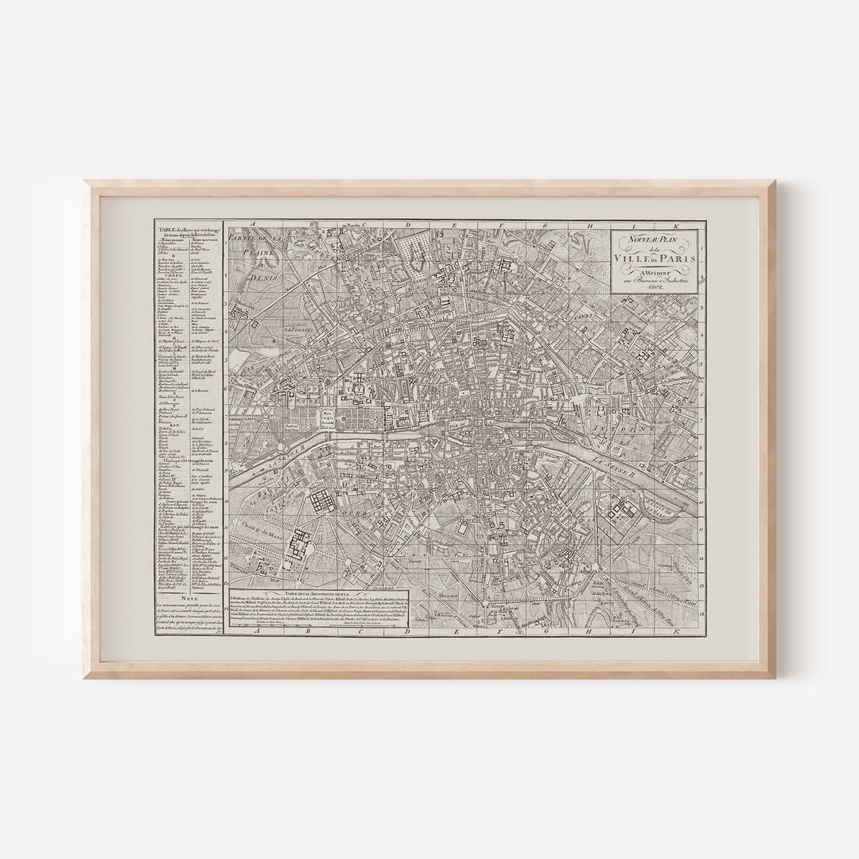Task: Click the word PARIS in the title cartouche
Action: (676, 258)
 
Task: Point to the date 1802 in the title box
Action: (656, 286)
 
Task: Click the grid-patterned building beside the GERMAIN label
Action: (324, 503)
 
